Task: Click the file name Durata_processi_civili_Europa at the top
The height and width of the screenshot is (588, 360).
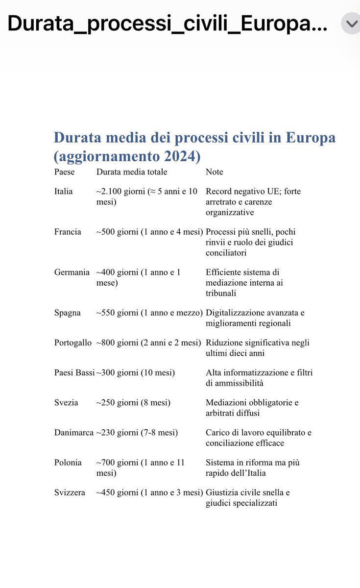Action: point(167,23)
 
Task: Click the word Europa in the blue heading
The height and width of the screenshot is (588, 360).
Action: point(312,138)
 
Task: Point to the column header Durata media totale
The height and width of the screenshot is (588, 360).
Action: point(131,172)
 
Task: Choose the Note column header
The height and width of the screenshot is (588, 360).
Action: point(215,172)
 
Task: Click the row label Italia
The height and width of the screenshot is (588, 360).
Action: point(63,191)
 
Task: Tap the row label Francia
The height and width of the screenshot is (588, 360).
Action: point(68,232)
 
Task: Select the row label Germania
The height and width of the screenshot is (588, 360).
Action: point(72,272)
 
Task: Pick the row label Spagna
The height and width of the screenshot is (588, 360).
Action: point(67,313)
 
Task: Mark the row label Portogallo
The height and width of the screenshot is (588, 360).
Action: point(72,343)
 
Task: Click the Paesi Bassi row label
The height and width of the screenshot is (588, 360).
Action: point(74,373)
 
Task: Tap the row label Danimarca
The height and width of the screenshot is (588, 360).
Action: point(73,433)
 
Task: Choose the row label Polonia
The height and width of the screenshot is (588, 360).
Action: point(68,463)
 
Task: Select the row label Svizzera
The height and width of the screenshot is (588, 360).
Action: point(69,492)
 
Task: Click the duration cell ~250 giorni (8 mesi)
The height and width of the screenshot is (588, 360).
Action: point(133,403)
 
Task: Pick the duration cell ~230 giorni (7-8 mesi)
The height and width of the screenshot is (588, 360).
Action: point(137,433)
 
